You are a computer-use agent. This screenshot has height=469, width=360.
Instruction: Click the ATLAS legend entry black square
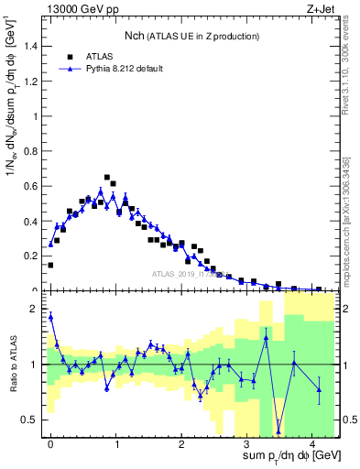pyautogui.click(x=70, y=56)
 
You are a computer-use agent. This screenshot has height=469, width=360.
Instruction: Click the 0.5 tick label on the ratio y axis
pyautogui.click(x=30, y=420)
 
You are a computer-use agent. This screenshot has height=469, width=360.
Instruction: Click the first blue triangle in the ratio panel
pyautogui.click(x=50, y=317)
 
